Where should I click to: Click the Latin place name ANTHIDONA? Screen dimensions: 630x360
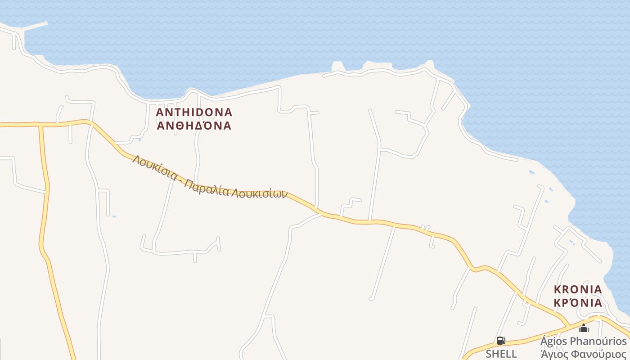(194, 112)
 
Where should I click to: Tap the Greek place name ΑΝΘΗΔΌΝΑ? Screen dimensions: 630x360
(194, 126)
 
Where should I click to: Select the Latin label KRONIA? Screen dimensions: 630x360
(578, 289)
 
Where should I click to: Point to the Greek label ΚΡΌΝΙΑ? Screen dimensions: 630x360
(578, 302)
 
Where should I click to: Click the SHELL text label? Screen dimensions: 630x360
(501, 354)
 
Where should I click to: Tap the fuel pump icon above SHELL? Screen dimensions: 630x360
(501, 341)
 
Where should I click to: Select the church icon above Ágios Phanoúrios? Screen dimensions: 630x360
(584, 328)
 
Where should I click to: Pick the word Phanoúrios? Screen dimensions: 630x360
(598, 341)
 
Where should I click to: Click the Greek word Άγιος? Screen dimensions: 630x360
(557, 354)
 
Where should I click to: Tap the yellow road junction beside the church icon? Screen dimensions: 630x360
(597, 318)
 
